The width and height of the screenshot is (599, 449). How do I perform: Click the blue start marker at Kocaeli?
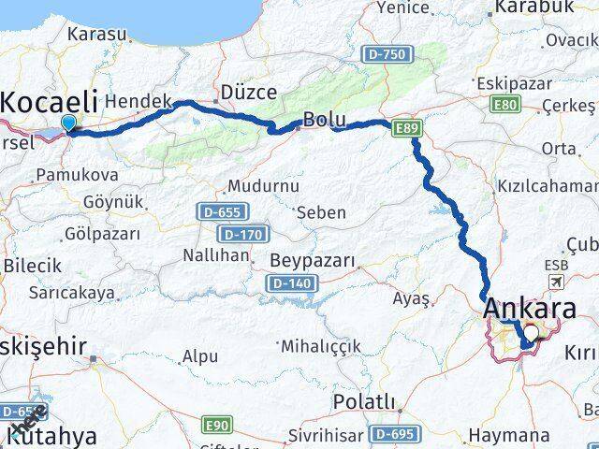(x=68, y=123)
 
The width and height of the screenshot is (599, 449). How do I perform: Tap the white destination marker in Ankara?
(x=532, y=332)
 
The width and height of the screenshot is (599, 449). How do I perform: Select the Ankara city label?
(x=529, y=308)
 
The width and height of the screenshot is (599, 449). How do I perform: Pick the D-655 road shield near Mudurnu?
(x=214, y=212)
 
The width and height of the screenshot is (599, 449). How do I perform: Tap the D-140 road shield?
(x=289, y=282)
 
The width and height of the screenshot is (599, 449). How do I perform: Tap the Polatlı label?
(x=364, y=402)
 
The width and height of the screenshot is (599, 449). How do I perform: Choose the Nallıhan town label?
(x=216, y=255)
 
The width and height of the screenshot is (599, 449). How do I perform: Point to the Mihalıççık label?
(x=327, y=345)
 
